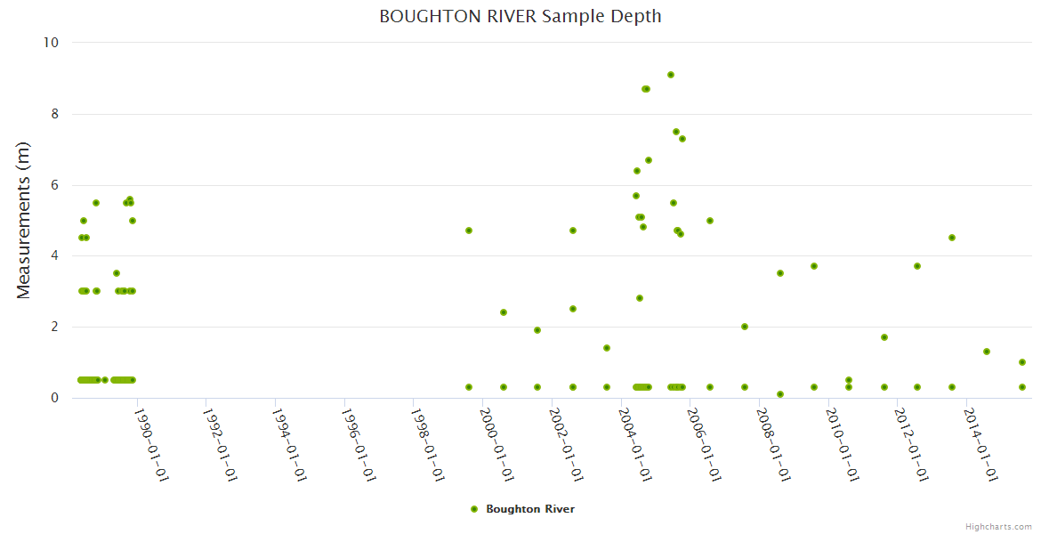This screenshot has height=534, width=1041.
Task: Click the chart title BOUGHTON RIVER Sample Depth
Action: tap(520, 16)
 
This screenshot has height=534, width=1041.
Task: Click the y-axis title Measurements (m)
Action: tap(24, 221)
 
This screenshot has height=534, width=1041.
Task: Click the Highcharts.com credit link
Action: tap(998, 526)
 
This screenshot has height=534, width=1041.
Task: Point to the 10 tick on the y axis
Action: tap(51, 43)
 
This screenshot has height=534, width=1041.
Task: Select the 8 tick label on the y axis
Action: tap(54, 114)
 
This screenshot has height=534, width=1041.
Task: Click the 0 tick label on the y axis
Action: tap(54, 398)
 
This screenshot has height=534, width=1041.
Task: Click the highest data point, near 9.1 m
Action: tap(671, 75)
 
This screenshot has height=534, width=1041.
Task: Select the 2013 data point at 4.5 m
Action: tap(952, 238)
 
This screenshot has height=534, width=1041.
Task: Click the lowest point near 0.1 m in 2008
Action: tap(780, 394)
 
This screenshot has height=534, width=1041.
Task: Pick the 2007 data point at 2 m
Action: tap(745, 327)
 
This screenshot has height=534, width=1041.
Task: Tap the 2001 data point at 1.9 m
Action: tap(537, 330)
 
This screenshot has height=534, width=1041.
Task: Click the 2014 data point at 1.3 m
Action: tap(987, 352)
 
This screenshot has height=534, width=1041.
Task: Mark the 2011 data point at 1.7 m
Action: tap(884, 337)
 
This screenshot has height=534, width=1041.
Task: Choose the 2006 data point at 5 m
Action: tap(710, 221)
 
